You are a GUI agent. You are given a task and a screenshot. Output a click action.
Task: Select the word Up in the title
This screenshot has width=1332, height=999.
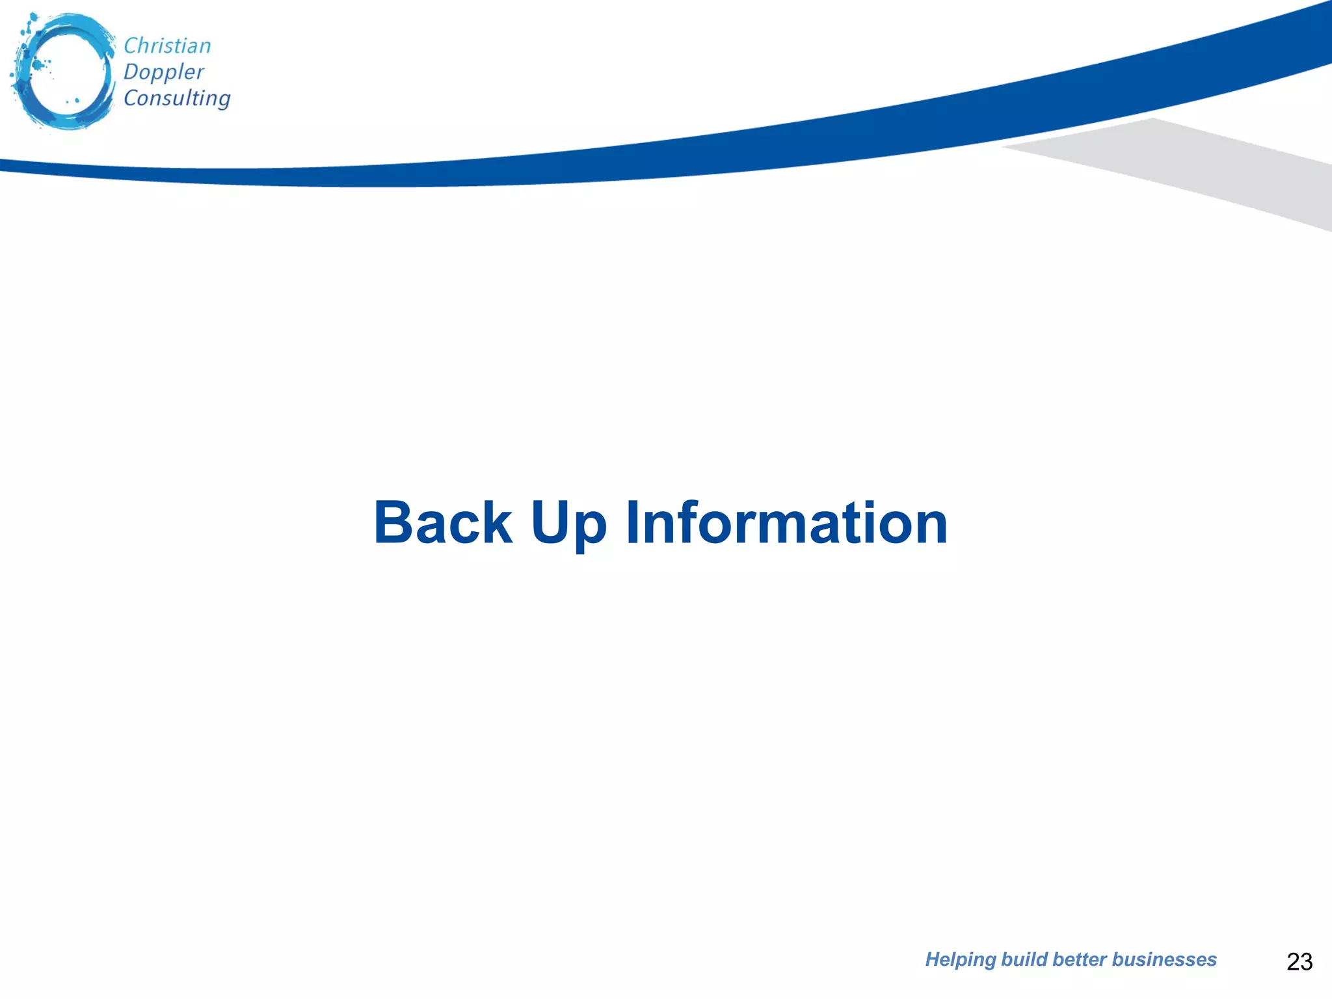point(568,524)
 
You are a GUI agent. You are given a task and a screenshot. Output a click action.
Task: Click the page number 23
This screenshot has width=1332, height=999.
point(1299,961)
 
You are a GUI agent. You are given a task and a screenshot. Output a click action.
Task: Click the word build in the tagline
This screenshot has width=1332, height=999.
point(1024,959)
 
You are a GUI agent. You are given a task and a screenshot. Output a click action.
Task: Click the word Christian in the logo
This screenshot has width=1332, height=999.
point(167,46)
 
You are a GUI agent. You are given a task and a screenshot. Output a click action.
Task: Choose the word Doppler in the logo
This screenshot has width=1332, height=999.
point(164,72)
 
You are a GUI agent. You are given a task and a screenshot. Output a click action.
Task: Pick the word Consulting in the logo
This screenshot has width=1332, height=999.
point(177,98)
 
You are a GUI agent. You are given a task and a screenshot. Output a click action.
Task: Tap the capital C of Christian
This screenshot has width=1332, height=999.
point(129,46)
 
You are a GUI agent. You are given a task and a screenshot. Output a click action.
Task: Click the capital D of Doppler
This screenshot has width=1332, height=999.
point(130,72)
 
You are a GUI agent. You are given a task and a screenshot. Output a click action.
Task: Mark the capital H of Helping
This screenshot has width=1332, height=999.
point(933,959)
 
